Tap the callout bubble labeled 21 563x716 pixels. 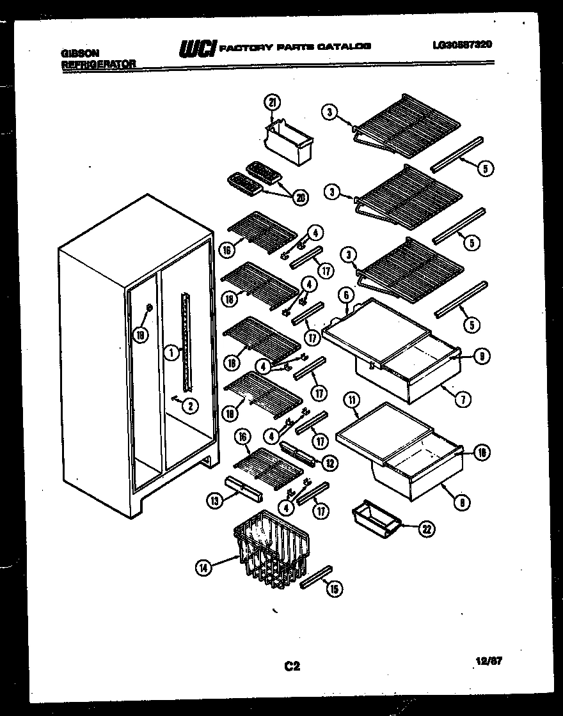tap(272, 104)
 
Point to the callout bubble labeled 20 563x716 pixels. tap(298, 198)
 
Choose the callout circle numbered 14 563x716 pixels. tap(204, 566)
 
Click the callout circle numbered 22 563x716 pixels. tap(426, 528)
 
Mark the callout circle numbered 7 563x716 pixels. tap(463, 400)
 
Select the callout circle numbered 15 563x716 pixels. tap(333, 589)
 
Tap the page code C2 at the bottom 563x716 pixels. tap(292, 667)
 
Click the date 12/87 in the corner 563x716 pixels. tap(490, 662)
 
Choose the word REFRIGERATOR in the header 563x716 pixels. tap(99, 64)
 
